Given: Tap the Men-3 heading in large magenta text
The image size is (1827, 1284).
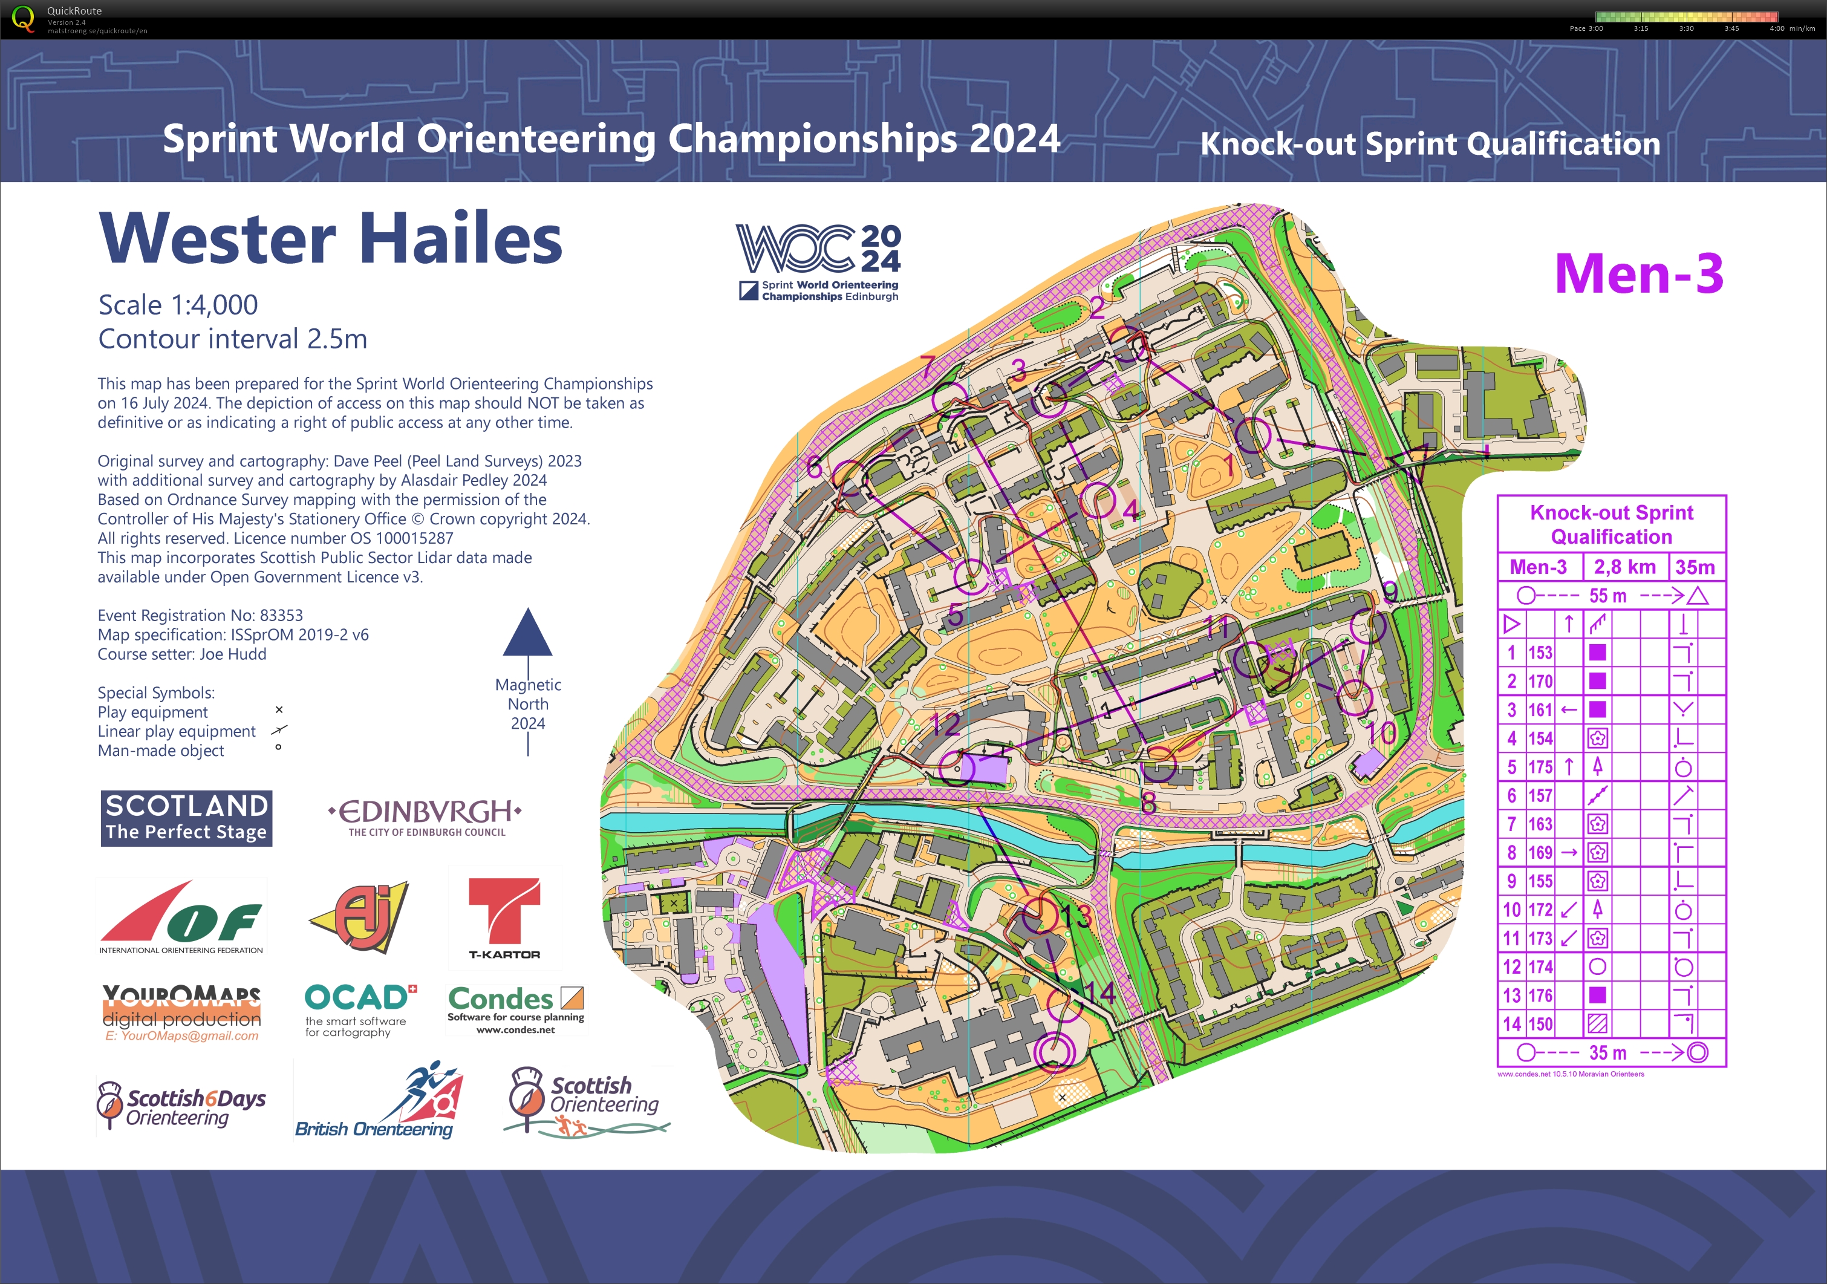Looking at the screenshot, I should click(x=1638, y=273).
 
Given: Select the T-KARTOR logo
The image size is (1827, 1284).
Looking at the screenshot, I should click(x=504, y=918).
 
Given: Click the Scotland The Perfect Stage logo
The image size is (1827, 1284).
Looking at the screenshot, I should click(x=186, y=818).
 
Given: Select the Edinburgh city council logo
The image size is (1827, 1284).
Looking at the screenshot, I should click(x=426, y=817).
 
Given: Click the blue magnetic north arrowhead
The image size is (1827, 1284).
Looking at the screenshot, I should click(x=527, y=633).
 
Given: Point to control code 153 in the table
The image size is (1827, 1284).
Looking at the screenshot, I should click(x=1540, y=653).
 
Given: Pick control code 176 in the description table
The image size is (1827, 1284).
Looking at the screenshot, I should click(x=1540, y=996).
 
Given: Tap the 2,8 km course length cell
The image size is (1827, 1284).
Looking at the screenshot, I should click(x=1624, y=567).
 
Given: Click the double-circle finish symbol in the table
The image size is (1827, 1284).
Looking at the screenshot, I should click(x=1698, y=1052).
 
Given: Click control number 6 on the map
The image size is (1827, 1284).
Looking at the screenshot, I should click(x=813, y=467).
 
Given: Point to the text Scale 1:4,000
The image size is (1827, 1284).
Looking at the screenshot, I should click(x=178, y=305).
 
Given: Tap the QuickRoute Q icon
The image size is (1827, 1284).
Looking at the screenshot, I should click(x=24, y=19).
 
